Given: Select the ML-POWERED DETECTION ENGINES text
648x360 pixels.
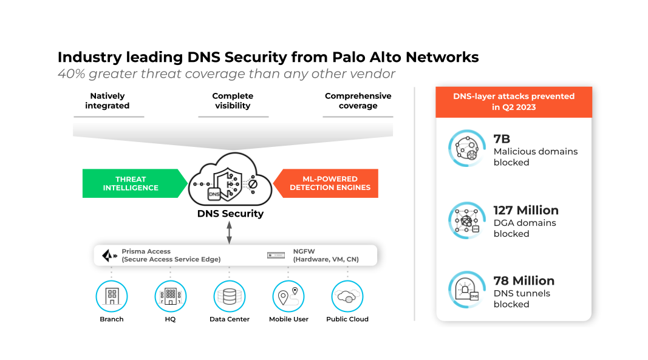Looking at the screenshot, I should point(330,183).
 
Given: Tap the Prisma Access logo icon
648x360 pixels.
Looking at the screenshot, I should point(109,255).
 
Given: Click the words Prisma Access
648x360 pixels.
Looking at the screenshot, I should point(146,251).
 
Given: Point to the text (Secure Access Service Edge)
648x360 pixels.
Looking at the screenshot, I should point(171,259).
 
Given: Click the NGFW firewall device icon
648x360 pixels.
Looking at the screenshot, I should point(276,256).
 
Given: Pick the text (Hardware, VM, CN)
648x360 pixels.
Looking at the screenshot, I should point(326,259).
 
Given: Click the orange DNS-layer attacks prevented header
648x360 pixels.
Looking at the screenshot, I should point(513,101).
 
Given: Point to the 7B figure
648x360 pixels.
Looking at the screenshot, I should point(502,140).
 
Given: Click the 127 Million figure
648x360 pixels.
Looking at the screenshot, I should point(526,210).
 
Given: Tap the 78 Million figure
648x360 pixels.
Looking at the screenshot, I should point(524,280).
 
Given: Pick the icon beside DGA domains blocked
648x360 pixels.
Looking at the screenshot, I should point(466,220).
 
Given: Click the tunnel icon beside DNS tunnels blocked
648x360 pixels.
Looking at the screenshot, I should point(466,290).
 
